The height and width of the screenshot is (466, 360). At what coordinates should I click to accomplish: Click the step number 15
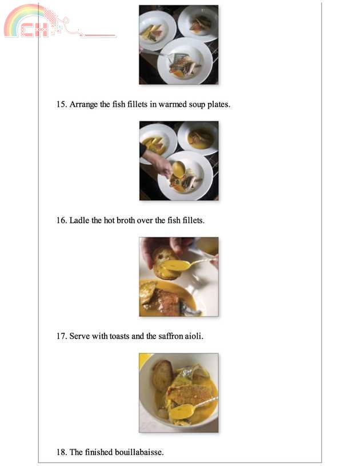coord(62,105)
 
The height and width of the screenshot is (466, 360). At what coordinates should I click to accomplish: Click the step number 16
coord(62,221)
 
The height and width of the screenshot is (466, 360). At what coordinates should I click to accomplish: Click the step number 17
coord(62,336)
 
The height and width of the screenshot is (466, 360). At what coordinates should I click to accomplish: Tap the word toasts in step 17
coord(119,336)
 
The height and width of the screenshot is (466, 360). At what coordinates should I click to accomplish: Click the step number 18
coord(62,452)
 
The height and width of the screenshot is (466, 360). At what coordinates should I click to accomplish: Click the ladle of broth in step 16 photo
coord(178,169)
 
